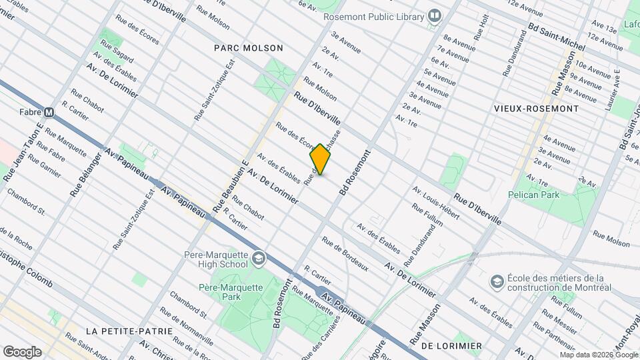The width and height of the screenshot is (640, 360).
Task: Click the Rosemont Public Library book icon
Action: pos(435,15)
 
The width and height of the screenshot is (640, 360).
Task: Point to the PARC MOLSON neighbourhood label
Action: pos(249,48)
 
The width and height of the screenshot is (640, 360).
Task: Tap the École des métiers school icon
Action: pos(496,281)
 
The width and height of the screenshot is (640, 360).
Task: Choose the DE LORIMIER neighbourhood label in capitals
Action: pos(451,345)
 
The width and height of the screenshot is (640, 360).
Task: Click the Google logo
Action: pos(21,352)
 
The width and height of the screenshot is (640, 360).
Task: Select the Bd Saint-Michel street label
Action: pos(556,37)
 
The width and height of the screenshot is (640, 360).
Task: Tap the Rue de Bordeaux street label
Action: pos(345,253)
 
